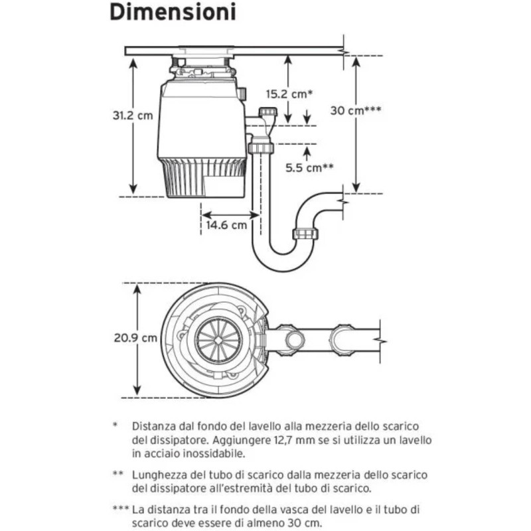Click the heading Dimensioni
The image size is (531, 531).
[x=171, y=13]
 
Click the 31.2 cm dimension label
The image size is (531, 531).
[x=132, y=115]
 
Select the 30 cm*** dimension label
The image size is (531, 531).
[x=356, y=110]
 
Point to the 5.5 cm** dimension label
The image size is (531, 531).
[x=309, y=168]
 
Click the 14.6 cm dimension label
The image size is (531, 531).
[x=226, y=225]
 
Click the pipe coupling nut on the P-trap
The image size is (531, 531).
[x=306, y=233]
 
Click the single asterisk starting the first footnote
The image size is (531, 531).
[x=115, y=425]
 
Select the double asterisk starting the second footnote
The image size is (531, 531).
[x=117, y=475]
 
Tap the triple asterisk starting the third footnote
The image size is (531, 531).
[x=120, y=509]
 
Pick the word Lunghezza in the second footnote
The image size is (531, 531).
[x=159, y=475]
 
